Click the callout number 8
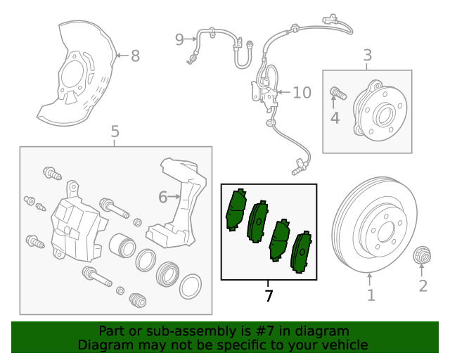point(135,56)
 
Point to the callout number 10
point(301,92)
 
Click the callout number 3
point(367,55)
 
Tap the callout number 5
point(115,131)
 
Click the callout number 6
point(163,198)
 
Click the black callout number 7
point(269,295)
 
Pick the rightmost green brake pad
point(302,250)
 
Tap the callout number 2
point(423,285)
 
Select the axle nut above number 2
point(423,255)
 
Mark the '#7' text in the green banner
point(271,330)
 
